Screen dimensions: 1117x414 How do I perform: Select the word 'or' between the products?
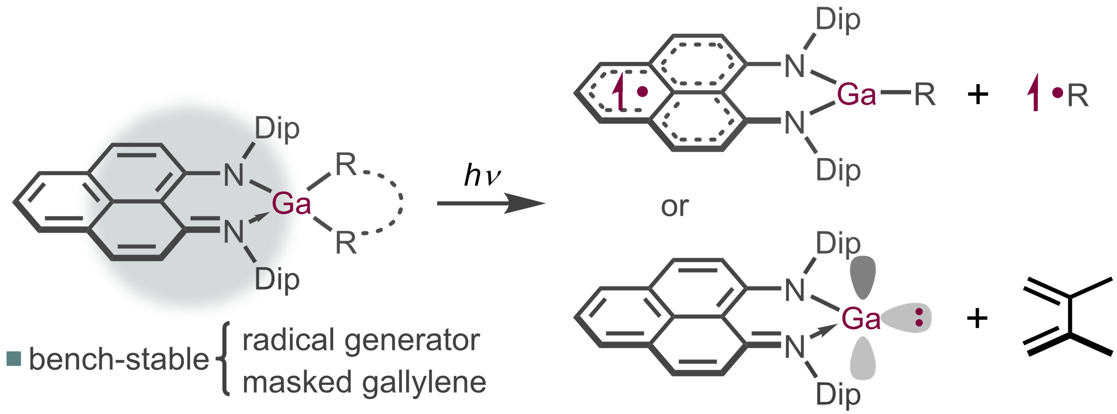[675, 207]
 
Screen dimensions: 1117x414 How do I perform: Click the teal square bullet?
[14, 359]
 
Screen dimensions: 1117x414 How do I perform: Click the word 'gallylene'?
[424, 383]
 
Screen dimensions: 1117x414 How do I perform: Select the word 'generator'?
[412, 340]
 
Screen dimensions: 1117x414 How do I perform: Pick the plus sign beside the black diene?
[977, 319]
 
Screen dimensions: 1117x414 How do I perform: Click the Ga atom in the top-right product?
[857, 94]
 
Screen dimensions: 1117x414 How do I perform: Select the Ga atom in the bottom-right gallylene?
[861, 319]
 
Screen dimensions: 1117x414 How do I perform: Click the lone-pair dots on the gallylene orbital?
[918, 317]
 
